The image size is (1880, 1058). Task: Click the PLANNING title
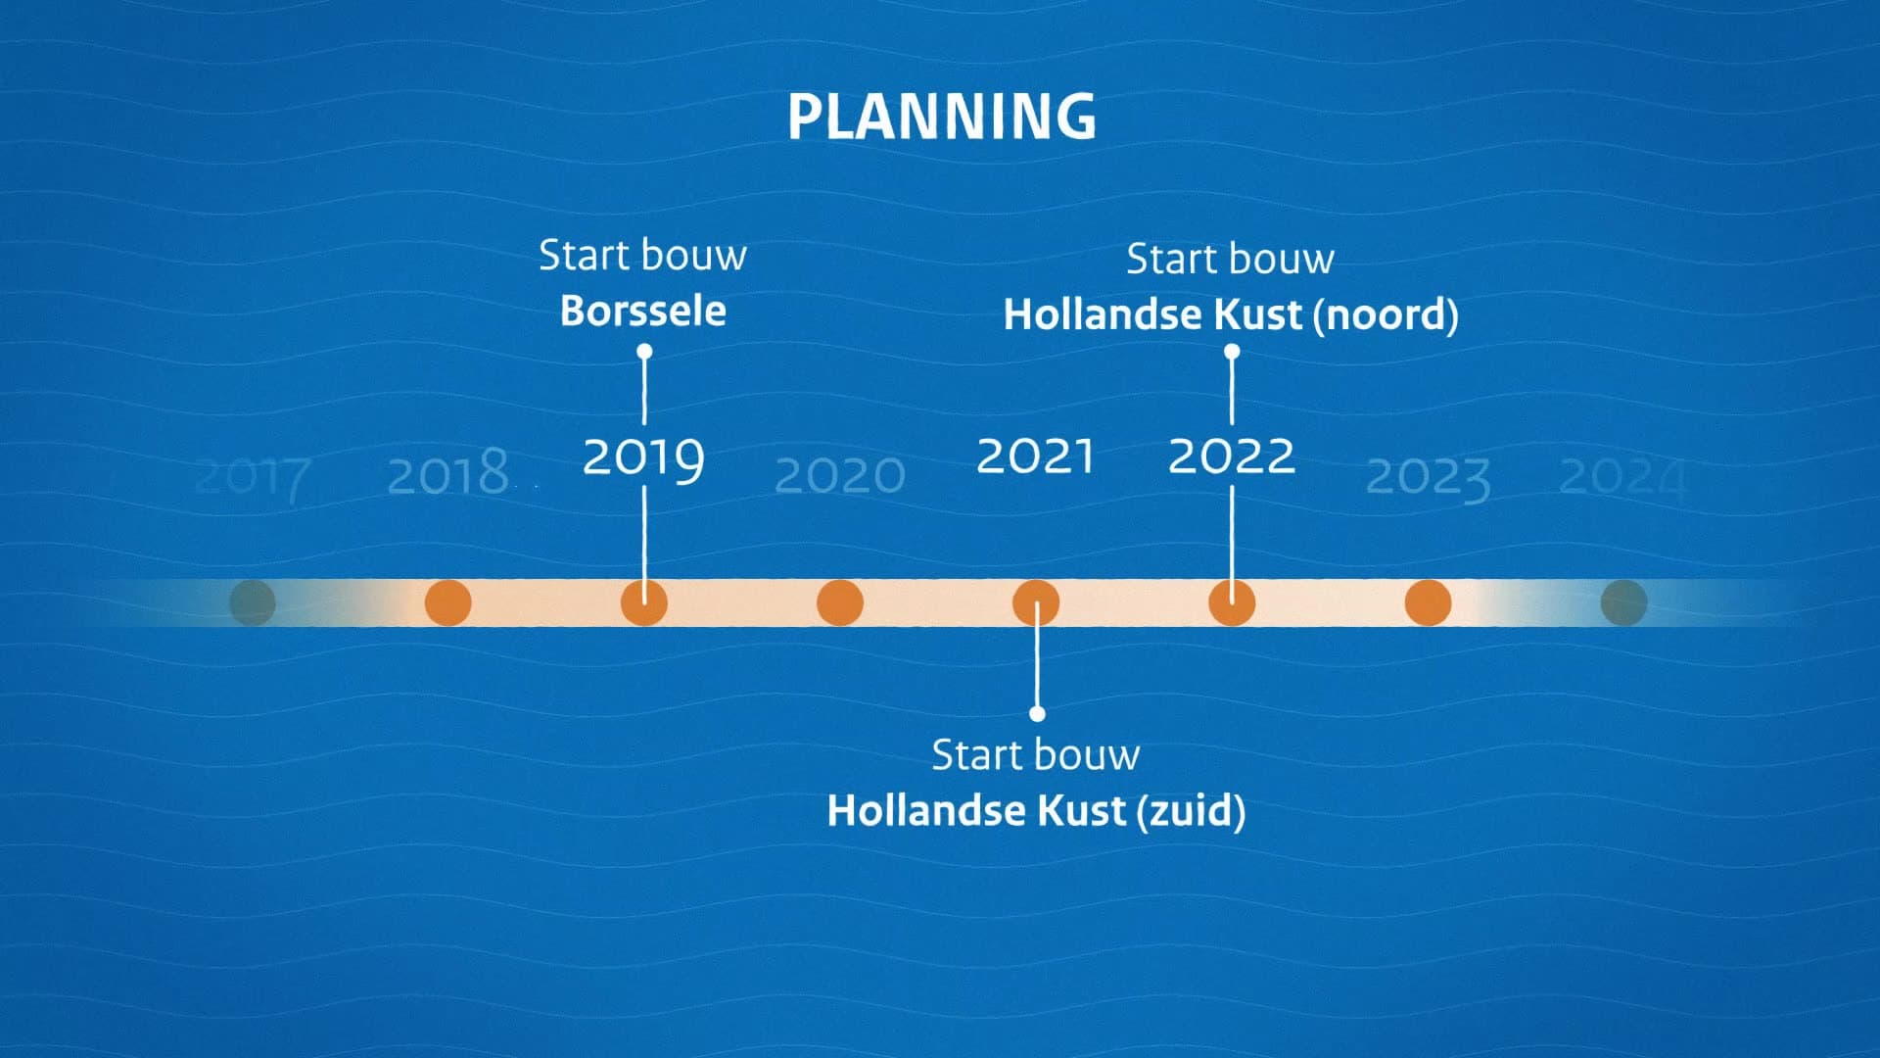point(942,117)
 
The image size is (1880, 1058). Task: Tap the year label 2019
point(643,458)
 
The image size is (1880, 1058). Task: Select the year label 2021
point(1035,457)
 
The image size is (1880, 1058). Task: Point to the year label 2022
point(1232,457)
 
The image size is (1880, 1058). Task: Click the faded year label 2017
point(254,478)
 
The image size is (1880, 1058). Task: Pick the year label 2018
point(448,474)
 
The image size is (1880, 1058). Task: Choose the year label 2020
point(840,476)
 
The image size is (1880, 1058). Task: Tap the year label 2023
point(1428,479)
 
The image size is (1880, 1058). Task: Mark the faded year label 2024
point(1622,479)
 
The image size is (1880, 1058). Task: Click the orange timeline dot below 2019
point(644,602)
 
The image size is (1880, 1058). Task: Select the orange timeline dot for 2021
point(1036,602)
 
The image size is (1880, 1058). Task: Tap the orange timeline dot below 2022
point(1232,602)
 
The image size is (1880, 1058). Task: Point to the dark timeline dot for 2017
point(253,602)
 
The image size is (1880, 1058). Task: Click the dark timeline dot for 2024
point(1623,602)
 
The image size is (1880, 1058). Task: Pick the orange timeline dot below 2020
point(840,602)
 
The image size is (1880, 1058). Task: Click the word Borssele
point(643,312)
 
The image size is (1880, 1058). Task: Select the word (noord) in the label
point(1385,315)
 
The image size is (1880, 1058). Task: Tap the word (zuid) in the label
point(1191,811)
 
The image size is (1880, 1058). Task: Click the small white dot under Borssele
point(644,352)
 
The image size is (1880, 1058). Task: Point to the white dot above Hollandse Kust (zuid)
point(1037,713)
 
